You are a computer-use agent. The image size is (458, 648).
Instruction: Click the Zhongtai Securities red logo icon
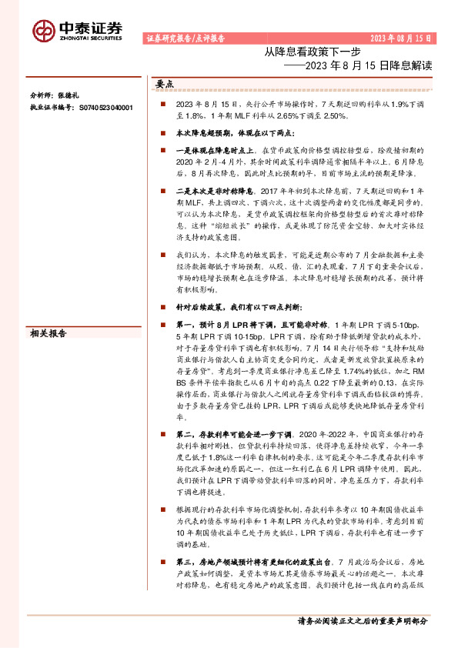[x=43, y=30]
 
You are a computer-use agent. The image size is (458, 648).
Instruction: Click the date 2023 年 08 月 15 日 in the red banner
[x=401, y=38]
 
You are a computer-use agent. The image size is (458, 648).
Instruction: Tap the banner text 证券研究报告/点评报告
[x=185, y=38]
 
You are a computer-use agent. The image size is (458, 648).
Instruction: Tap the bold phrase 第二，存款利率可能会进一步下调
[x=232, y=436]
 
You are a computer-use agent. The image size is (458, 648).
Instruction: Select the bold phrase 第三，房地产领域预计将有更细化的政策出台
[x=246, y=563]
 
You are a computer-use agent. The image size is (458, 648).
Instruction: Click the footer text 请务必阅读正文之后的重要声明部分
[x=362, y=622]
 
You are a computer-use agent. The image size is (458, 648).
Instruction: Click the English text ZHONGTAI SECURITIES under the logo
[x=91, y=38]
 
